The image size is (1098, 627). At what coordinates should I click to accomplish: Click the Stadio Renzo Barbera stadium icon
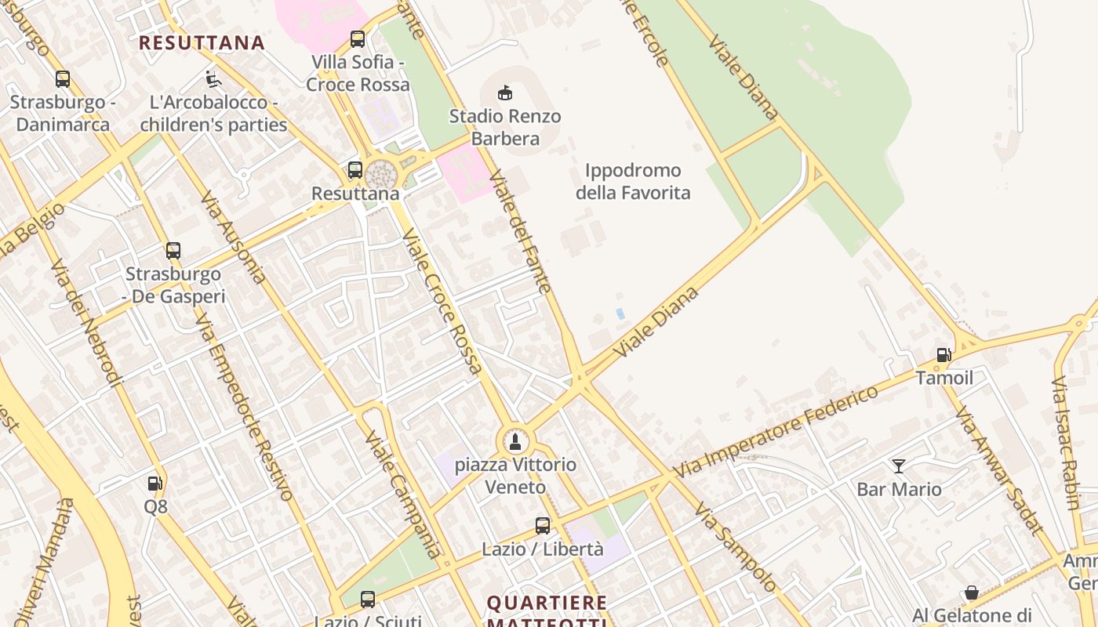click(x=505, y=92)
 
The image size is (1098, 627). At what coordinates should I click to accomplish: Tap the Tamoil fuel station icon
click(x=944, y=355)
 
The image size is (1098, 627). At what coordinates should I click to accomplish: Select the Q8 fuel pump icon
click(x=155, y=484)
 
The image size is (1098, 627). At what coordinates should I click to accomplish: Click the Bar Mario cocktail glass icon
click(x=899, y=466)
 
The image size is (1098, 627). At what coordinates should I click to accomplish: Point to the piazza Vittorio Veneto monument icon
click(x=515, y=442)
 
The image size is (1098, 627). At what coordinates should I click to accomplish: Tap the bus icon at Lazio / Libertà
click(x=543, y=526)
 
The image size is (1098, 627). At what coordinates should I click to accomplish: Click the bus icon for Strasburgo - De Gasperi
click(x=173, y=251)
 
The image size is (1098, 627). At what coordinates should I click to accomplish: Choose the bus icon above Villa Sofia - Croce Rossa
click(x=358, y=38)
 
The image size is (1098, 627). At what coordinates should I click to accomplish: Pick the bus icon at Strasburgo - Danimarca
click(x=63, y=79)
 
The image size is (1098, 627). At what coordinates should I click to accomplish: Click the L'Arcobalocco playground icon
click(x=213, y=79)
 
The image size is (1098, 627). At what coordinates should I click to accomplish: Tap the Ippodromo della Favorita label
click(x=633, y=182)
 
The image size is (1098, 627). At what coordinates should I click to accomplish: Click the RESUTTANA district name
click(x=202, y=42)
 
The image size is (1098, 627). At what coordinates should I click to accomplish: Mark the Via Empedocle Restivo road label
click(x=244, y=408)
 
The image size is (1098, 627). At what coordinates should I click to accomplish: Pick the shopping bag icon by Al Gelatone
click(x=972, y=593)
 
